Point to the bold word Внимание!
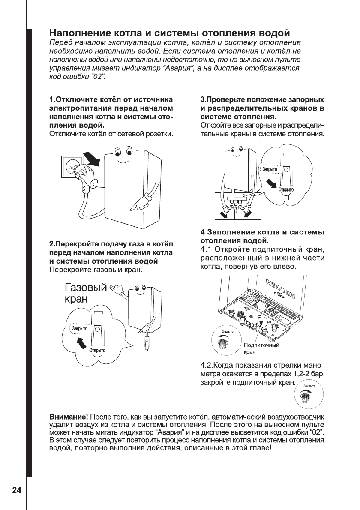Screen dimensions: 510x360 tap(67, 417)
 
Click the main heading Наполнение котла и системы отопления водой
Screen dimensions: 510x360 tap(170, 33)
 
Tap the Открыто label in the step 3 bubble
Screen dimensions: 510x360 tap(286, 189)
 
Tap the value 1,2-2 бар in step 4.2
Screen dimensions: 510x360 tap(309, 374)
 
